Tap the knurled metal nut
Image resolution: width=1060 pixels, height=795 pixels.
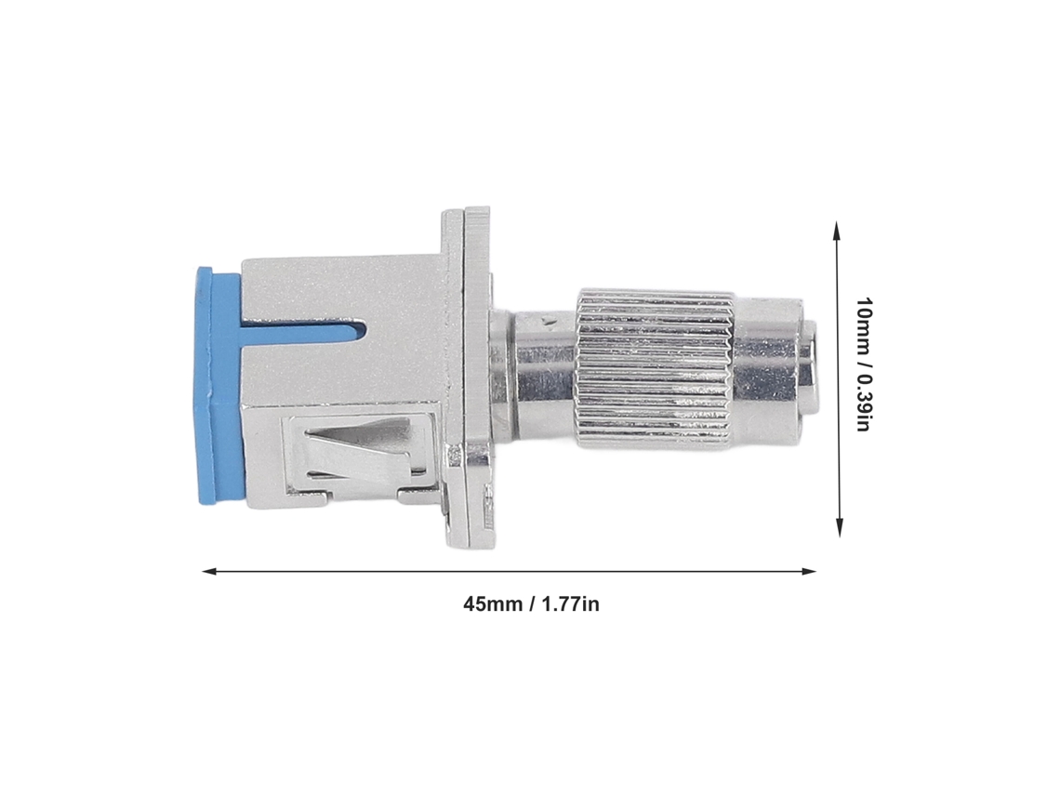655,368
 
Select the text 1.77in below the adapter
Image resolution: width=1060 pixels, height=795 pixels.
570,603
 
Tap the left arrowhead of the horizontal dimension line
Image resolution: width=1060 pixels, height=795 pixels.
209,571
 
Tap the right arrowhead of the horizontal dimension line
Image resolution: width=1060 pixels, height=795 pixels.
809,571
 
